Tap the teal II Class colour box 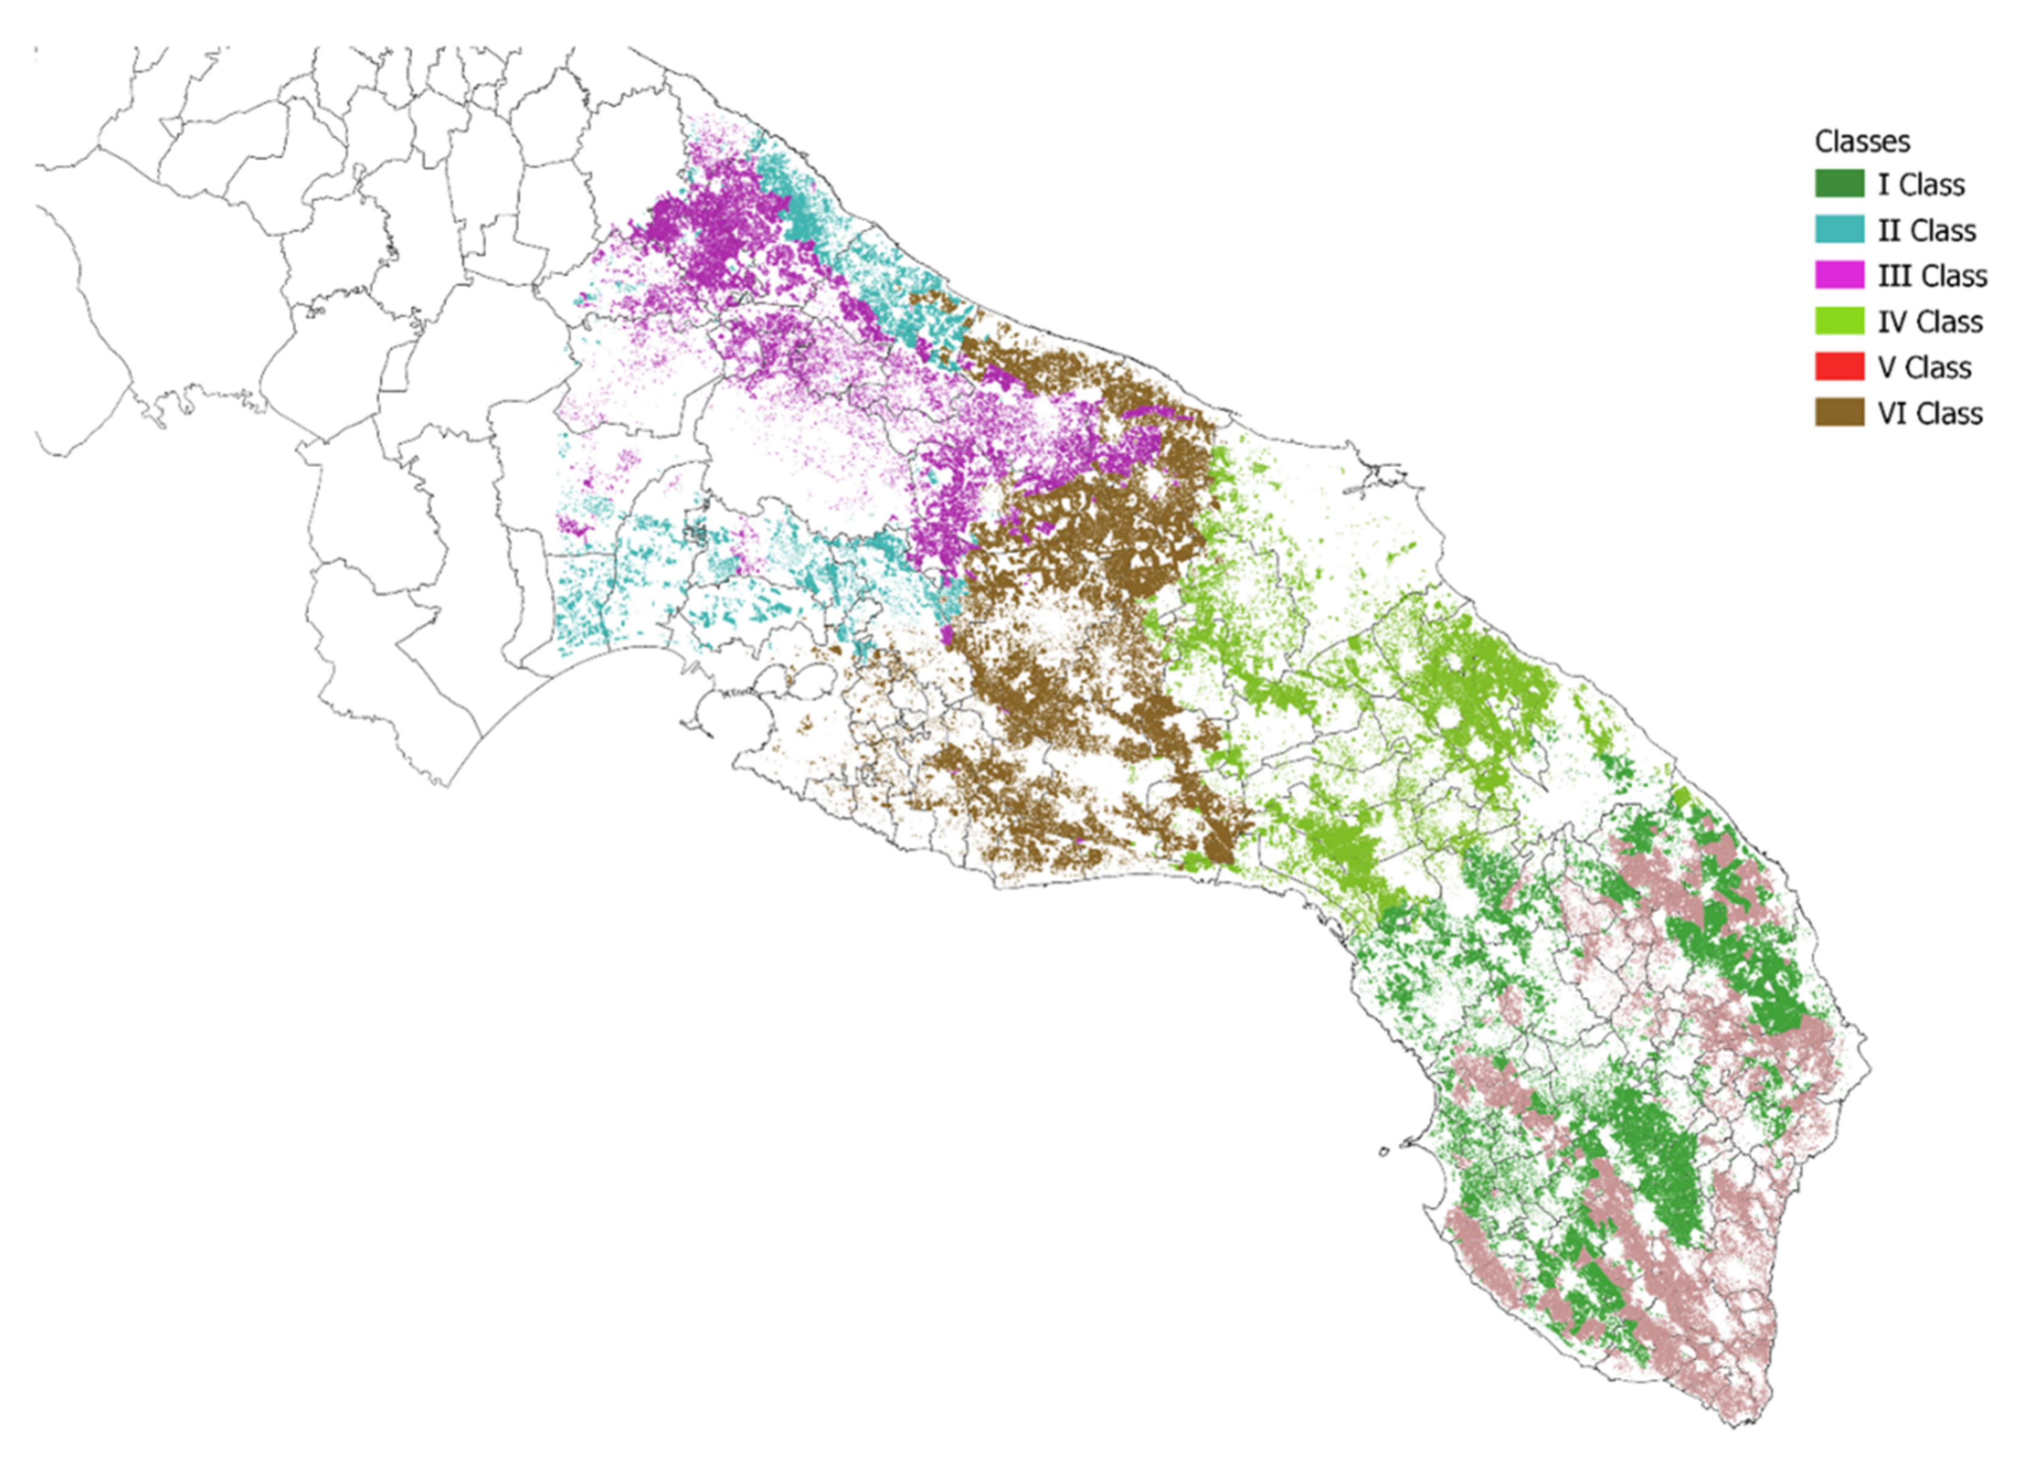(x=1839, y=230)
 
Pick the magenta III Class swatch (x=1839, y=276)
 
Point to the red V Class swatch (x=1839, y=367)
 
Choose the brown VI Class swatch (x=1839, y=413)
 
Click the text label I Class (x=1921, y=185)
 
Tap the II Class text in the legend (x=1926, y=231)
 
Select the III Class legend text (x=1932, y=276)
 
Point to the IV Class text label (x=1930, y=322)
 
